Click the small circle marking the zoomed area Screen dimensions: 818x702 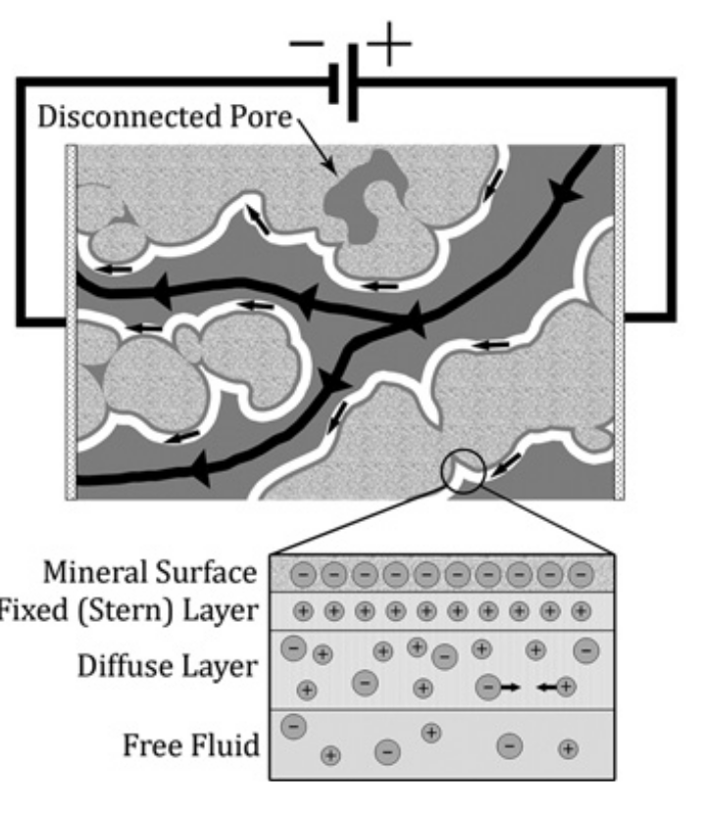coord(466,472)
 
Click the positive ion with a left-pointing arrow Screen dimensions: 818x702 coord(565,689)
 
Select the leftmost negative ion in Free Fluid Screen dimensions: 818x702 coord(292,726)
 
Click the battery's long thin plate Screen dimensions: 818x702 coord(353,82)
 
